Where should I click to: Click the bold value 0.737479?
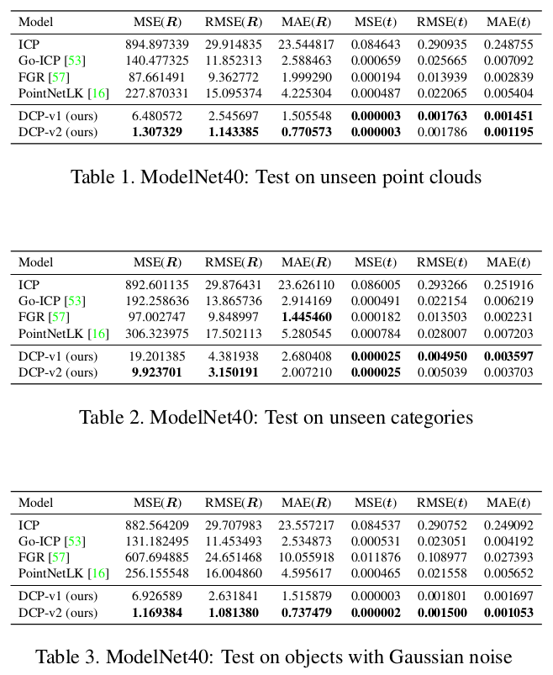pos(306,613)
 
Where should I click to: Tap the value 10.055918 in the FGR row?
pos(306,557)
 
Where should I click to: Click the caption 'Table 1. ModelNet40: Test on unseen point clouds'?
pos(276,177)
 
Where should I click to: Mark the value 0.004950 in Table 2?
pos(442,356)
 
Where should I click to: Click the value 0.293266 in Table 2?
pos(442,285)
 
